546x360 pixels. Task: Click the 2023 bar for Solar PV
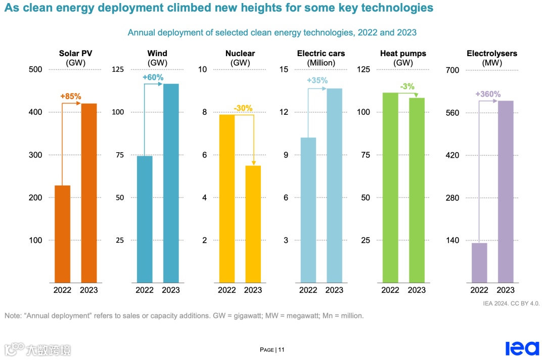89,193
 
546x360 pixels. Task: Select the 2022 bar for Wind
145,219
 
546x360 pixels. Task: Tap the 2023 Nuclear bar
253,224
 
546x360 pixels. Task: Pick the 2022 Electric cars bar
308,210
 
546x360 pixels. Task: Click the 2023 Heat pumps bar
417,190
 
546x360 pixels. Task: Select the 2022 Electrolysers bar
479,263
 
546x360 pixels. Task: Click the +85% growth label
71,96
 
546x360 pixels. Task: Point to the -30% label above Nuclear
243,108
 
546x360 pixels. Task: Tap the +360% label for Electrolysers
488,94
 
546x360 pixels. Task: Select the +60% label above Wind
153,77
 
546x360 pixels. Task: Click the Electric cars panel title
321,54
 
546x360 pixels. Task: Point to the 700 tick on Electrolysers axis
452,70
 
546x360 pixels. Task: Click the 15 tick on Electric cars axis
285,70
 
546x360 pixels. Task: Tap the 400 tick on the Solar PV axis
35,112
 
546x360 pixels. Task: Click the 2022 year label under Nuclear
227,290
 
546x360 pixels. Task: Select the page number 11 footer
272,350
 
